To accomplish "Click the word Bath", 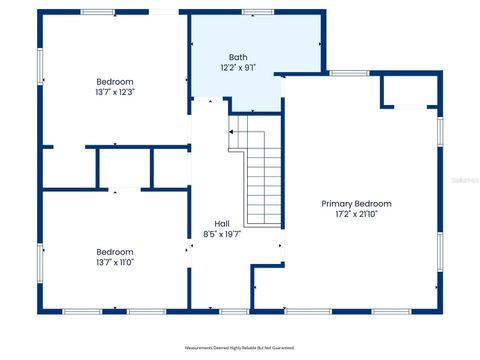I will pos(238,57).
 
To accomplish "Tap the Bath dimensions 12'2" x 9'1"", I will pos(238,68).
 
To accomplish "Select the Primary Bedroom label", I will pos(356,203).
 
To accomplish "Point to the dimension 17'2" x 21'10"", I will pos(356,214).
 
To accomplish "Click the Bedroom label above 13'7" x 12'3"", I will pos(114,81).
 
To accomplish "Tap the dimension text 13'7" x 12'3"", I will pos(114,92).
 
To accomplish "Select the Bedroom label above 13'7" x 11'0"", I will pos(114,252).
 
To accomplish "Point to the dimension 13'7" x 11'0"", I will pos(114,263).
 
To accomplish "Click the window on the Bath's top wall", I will pos(257,12).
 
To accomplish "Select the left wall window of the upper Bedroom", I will pos(41,65).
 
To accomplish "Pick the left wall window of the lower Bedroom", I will pos(41,262).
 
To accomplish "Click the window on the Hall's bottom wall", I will pos(234,311).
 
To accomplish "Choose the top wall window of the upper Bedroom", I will pos(96,12).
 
